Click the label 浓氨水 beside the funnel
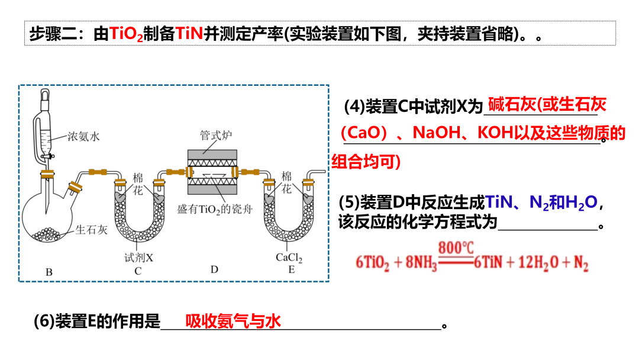[x=83, y=137]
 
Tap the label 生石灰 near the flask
[x=92, y=230]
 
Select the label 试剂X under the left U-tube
[x=138, y=258]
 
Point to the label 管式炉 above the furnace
[x=215, y=136]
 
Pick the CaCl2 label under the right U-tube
[x=289, y=258]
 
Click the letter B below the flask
[x=49, y=272]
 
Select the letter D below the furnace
[x=214, y=269]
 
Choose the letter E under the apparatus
[x=291, y=270]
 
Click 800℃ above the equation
[x=455, y=248]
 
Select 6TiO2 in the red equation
[x=372, y=263]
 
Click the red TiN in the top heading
[x=189, y=34]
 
